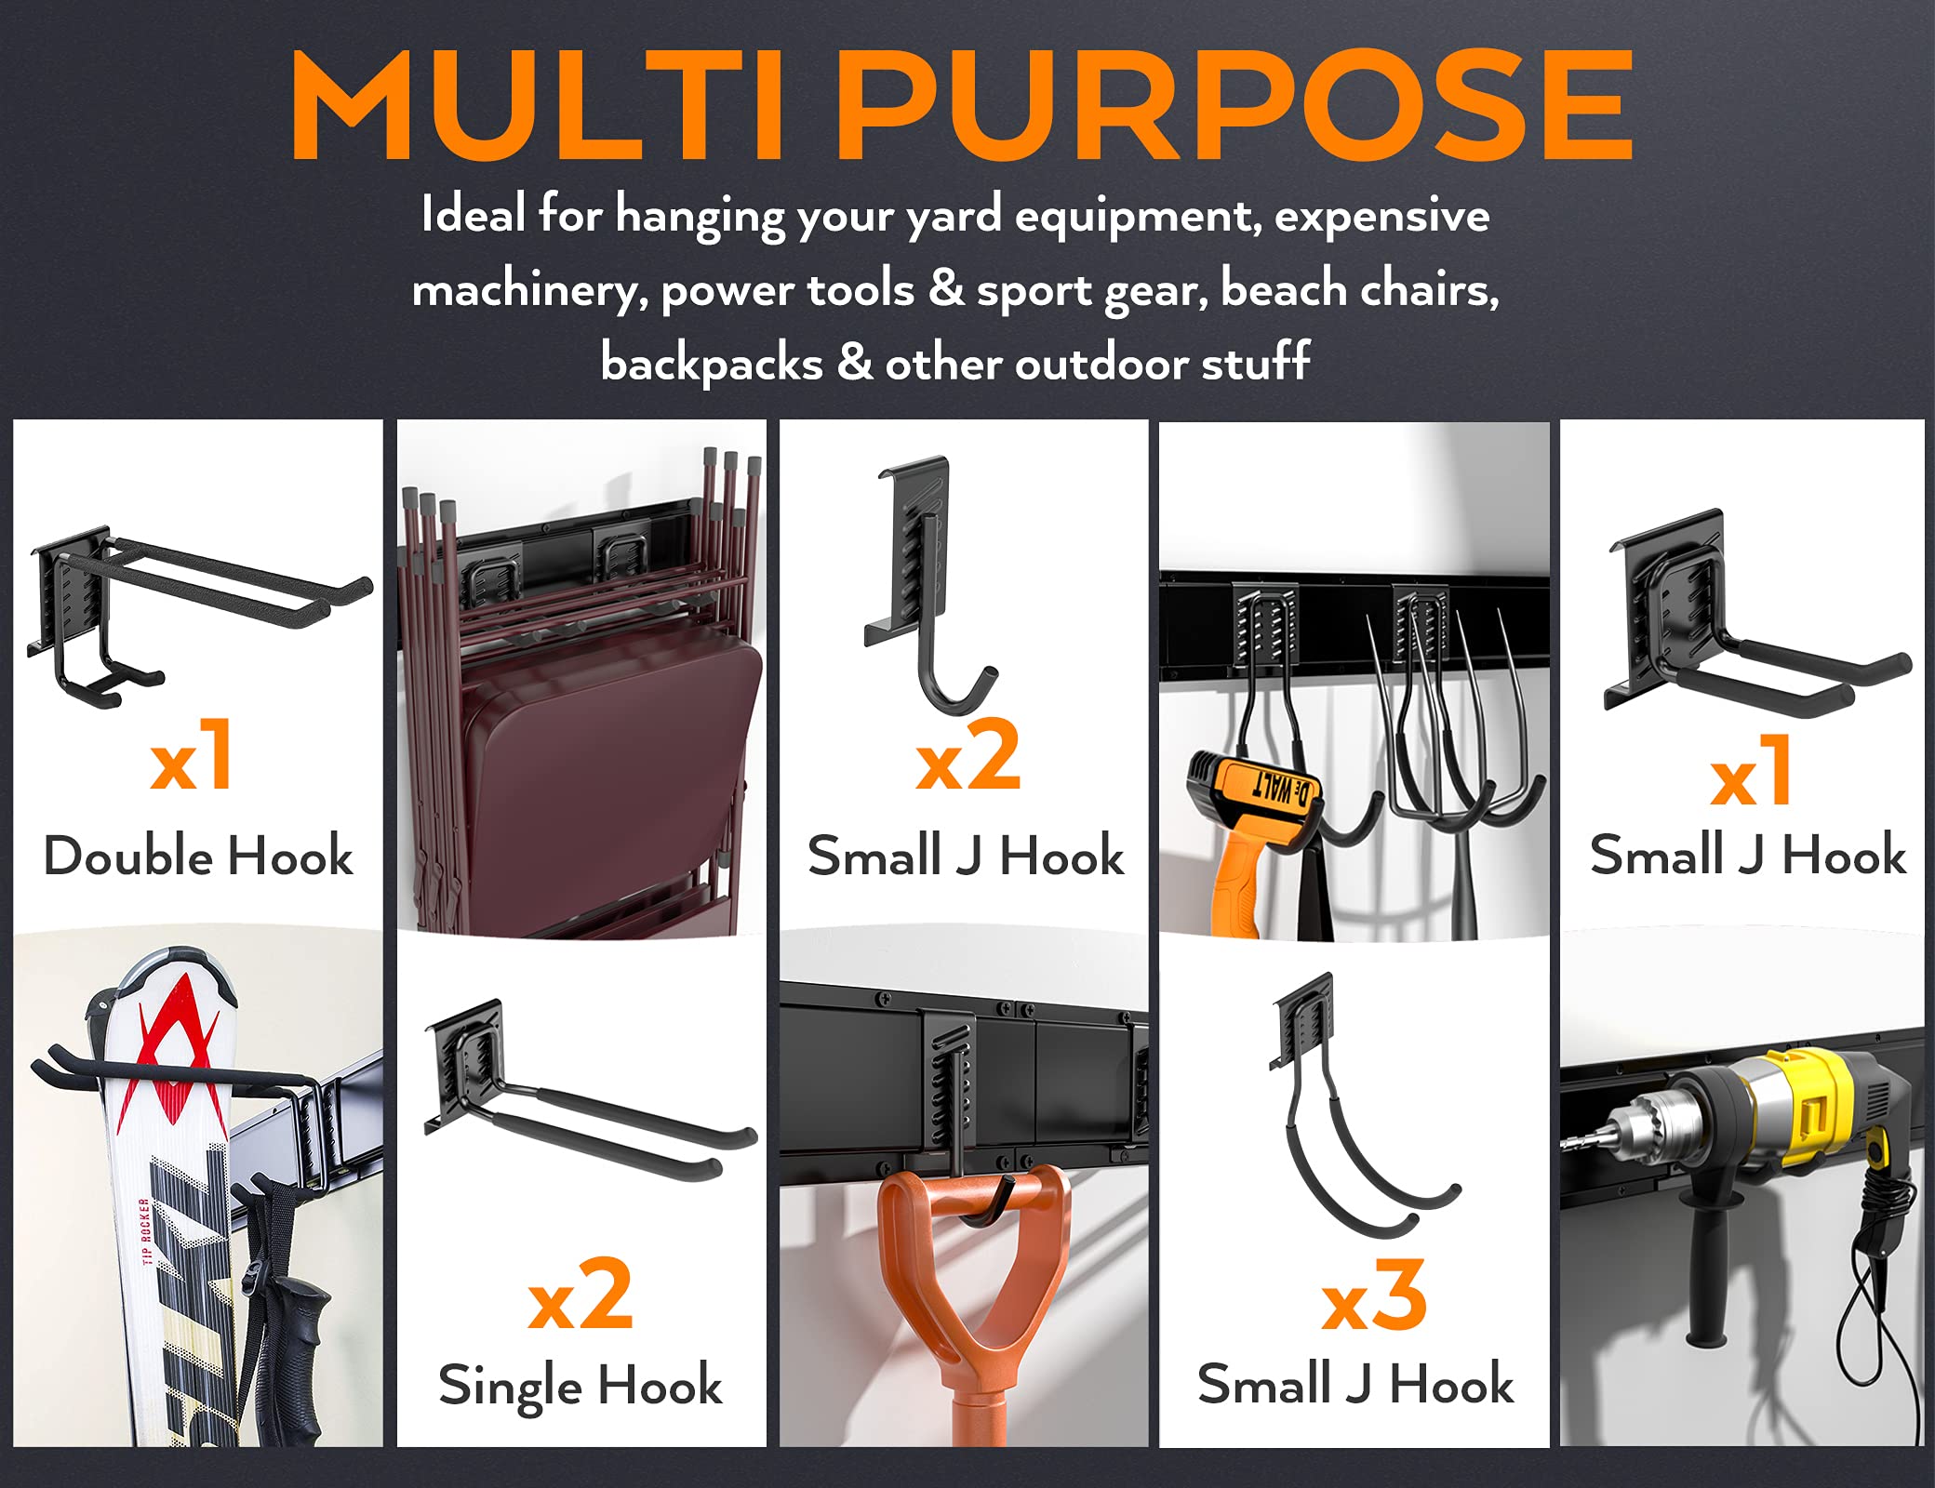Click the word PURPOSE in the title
point(1237,107)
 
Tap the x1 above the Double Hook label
point(192,758)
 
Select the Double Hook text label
point(198,856)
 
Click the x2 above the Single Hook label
point(580,1297)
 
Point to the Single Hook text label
point(580,1386)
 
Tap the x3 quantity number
point(1374,1297)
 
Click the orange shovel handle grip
point(972,1283)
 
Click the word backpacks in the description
point(712,363)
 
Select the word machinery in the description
point(528,290)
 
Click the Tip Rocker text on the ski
point(144,1232)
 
